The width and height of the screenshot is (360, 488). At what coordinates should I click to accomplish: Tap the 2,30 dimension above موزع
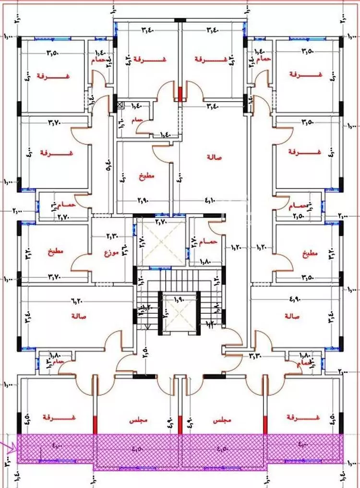pos(111,236)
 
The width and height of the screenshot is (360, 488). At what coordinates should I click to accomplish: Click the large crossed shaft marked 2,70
pos(161,241)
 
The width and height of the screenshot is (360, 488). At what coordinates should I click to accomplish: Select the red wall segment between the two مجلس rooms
pos(180,424)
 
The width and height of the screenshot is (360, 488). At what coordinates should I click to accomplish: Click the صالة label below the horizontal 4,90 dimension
pos(292,316)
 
